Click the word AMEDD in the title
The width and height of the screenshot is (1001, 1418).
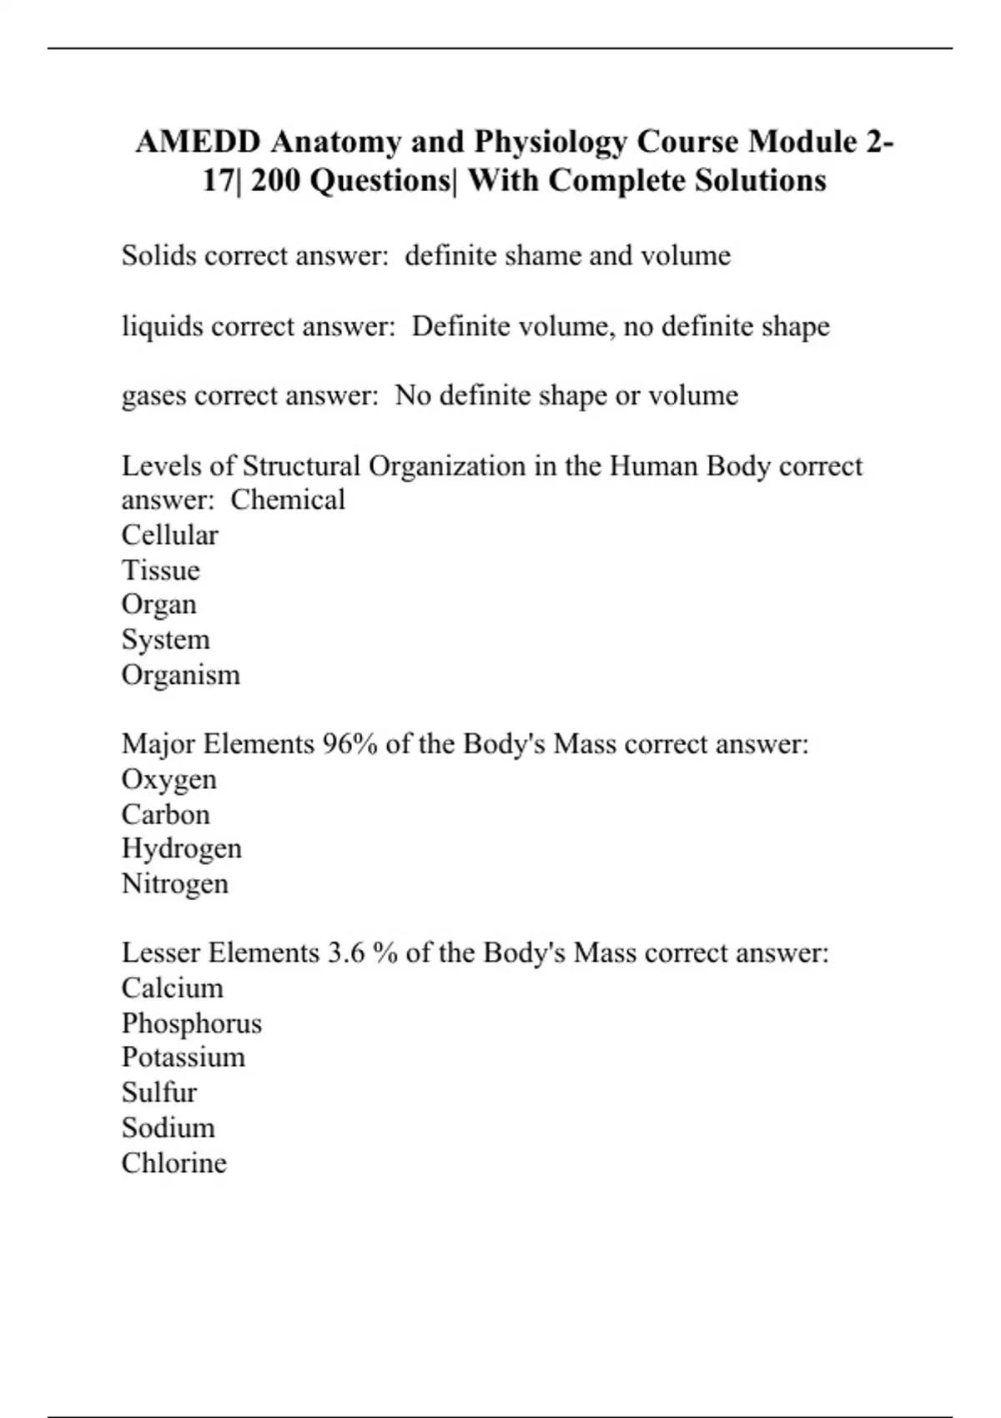coord(198,142)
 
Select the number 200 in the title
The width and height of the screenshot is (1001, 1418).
coord(279,180)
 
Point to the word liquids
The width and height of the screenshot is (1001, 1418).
coord(162,325)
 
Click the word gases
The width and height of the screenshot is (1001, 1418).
coord(153,395)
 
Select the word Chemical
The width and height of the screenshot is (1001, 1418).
coord(288,500)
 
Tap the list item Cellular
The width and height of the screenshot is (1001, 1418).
coord(170,535)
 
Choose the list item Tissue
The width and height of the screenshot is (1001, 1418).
coord(161,570)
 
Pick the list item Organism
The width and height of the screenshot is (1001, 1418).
coord(181,675)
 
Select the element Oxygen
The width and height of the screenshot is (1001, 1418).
coord(169,779)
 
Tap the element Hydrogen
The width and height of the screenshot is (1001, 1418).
coord(182,848)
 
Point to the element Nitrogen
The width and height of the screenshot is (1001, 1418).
coord(175,883)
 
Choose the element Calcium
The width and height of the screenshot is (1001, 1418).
coord(173,988)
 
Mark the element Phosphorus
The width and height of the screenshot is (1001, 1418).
coord(192,1023)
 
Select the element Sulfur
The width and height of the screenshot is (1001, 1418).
coord(159,1092)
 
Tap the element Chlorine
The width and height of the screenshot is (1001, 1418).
coord(174,1162)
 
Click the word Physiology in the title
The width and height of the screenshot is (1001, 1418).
coord(551,142)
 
